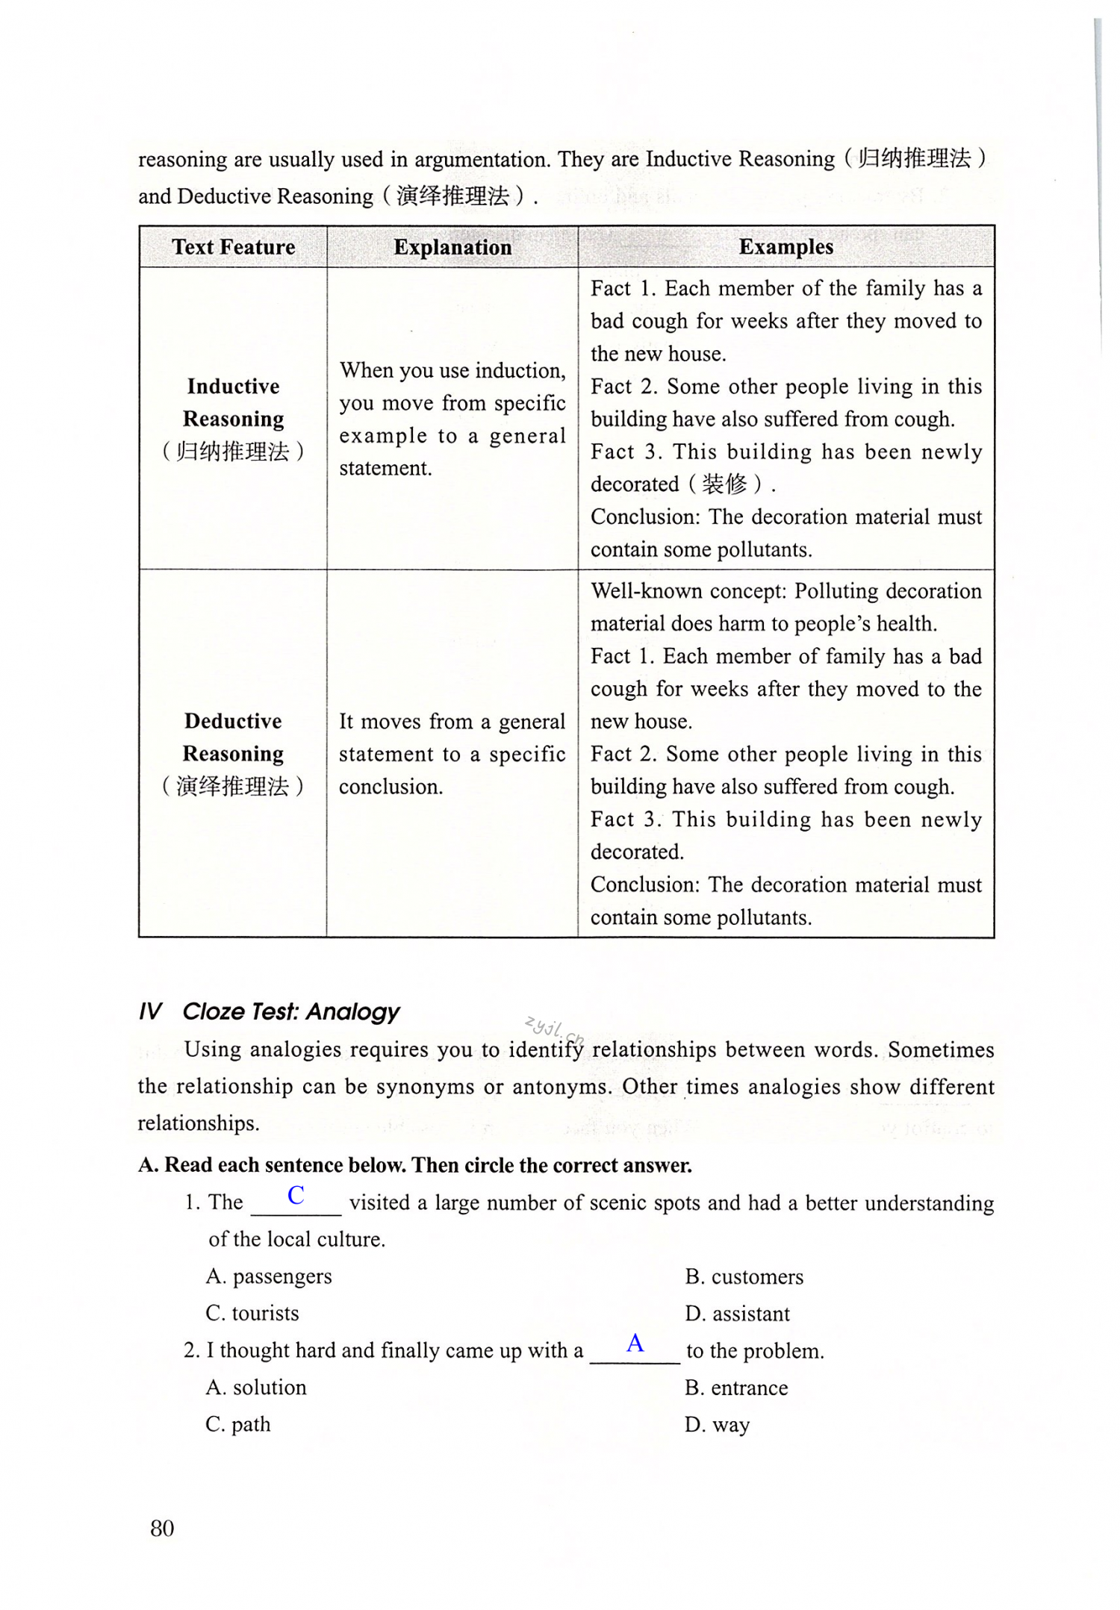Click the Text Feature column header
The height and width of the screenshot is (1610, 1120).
233,247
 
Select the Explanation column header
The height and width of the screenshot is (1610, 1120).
452,247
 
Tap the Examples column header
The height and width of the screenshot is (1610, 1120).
785,247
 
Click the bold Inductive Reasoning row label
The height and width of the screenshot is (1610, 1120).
233,402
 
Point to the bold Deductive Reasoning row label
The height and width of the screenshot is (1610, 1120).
233,737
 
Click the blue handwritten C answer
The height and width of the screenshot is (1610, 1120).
296,1195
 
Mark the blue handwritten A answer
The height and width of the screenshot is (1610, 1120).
635,1343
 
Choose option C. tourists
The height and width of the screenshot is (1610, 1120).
252,1313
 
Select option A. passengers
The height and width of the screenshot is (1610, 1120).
269,1276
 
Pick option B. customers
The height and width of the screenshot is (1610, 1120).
744,1276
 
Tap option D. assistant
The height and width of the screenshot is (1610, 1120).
738,1314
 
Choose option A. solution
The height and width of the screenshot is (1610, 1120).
256,1387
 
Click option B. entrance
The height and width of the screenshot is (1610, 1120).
736,1388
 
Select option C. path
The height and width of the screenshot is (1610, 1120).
238,1424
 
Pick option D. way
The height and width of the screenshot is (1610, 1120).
717,1425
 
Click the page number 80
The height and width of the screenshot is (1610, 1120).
162,1528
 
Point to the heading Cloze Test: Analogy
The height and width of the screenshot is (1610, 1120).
290,1011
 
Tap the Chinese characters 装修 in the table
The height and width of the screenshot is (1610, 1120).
724,484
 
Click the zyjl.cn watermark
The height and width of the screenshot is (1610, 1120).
553,1029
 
